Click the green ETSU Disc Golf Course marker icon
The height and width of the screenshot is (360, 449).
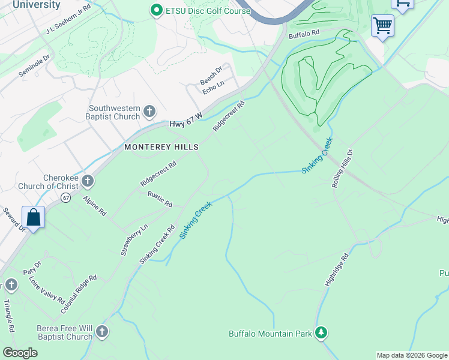[157, 10]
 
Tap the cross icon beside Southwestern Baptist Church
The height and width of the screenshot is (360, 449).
[149, 112]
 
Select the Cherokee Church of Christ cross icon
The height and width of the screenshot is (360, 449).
[88, 181]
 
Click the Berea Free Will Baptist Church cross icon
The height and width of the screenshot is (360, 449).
[102, 332]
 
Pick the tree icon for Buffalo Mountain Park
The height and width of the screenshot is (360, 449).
[321, 332]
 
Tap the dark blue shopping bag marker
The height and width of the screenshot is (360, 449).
[34, 217]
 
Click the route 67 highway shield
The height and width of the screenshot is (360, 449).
[65, 197]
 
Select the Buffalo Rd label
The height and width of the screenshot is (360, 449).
[304, 35]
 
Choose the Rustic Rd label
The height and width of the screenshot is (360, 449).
[160, 199]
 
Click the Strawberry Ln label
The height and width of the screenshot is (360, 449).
[134, 240]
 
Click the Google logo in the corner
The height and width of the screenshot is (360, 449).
[20, 353]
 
